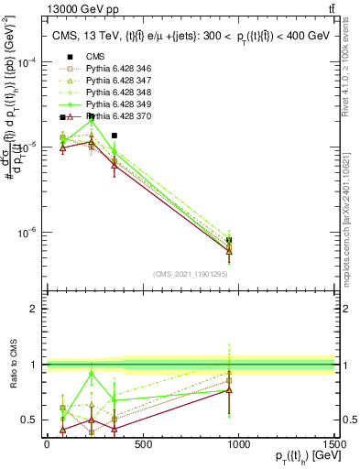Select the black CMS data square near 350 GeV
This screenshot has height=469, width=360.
[114, 136]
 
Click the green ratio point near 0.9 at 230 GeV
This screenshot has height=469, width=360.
[91, 374]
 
